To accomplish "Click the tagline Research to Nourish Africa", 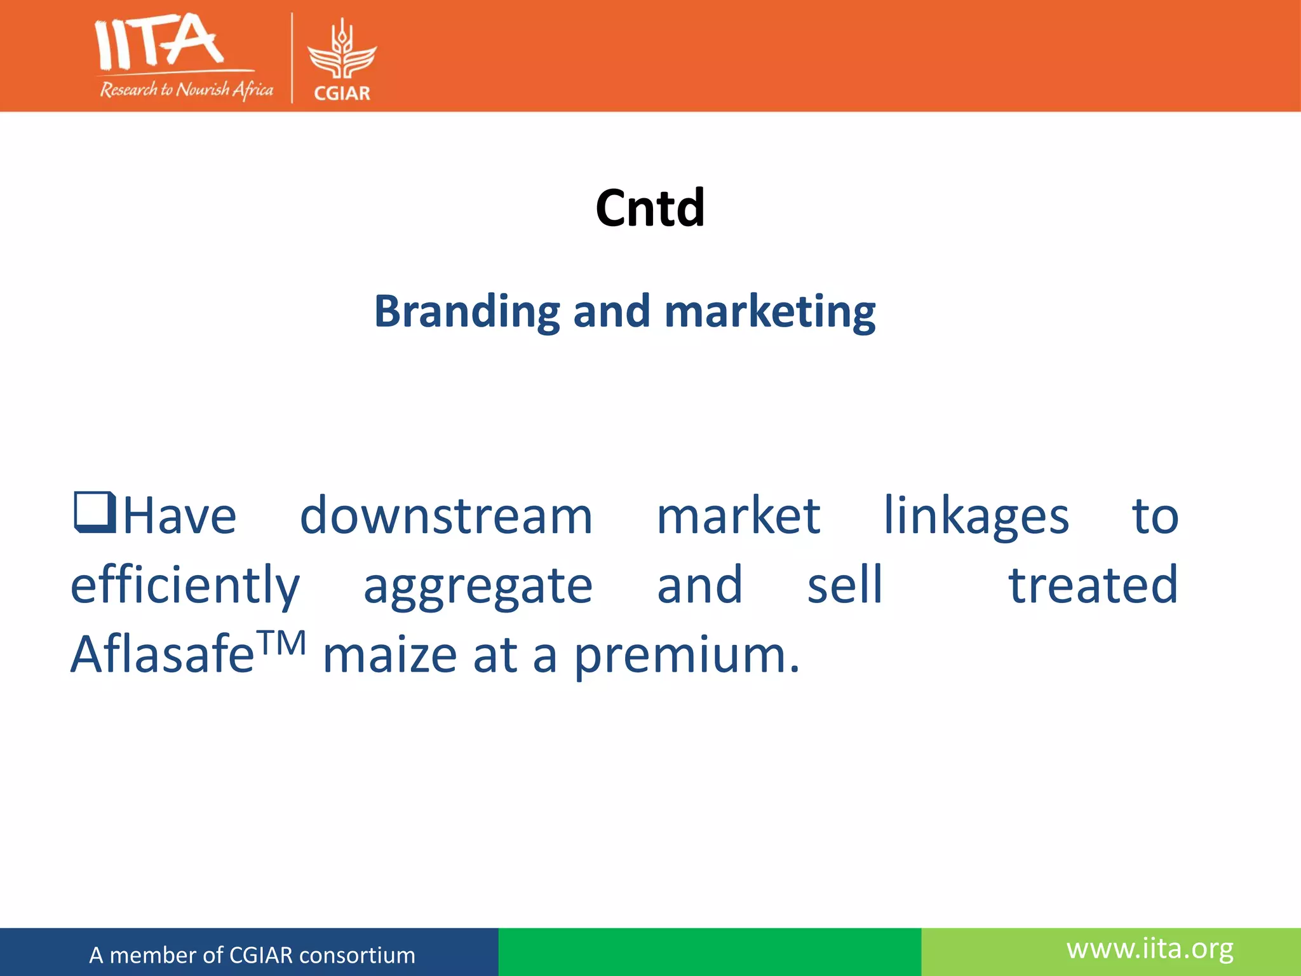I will coord(186,90).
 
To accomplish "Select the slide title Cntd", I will coord(650,208).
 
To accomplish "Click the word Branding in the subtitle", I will coord(468,311).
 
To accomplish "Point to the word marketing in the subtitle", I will coord(769,311).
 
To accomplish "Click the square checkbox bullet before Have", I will coord(95,512).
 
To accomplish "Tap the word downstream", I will coord(446,515).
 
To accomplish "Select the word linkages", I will coord(976,515).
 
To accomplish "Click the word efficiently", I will coord(185,585).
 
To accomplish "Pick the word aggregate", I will coord(478,585).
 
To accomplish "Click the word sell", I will coord(845,585).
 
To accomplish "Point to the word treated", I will coord(1093,585).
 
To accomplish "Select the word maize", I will coord(389,656).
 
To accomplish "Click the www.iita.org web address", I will coord(1150,949).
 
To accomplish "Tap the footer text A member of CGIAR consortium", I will coord(252,955).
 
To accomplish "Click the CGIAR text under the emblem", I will coord(342,93).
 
